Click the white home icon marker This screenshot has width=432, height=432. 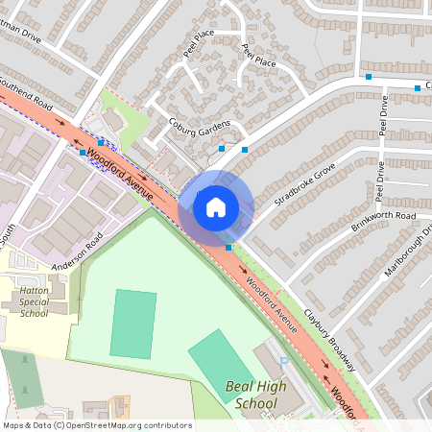click(x=215, y=206)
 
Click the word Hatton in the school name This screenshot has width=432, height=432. click(x=34, y=289)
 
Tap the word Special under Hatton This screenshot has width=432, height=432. click(x=34, y=301)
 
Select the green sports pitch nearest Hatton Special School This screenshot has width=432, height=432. click(x=133, y=324)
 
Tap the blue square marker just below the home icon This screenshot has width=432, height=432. click(x=228, y=248)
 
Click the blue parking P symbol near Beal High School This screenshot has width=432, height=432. click(x=283, y=361)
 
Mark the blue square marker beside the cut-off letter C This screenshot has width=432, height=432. click(x=417, y=88)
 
